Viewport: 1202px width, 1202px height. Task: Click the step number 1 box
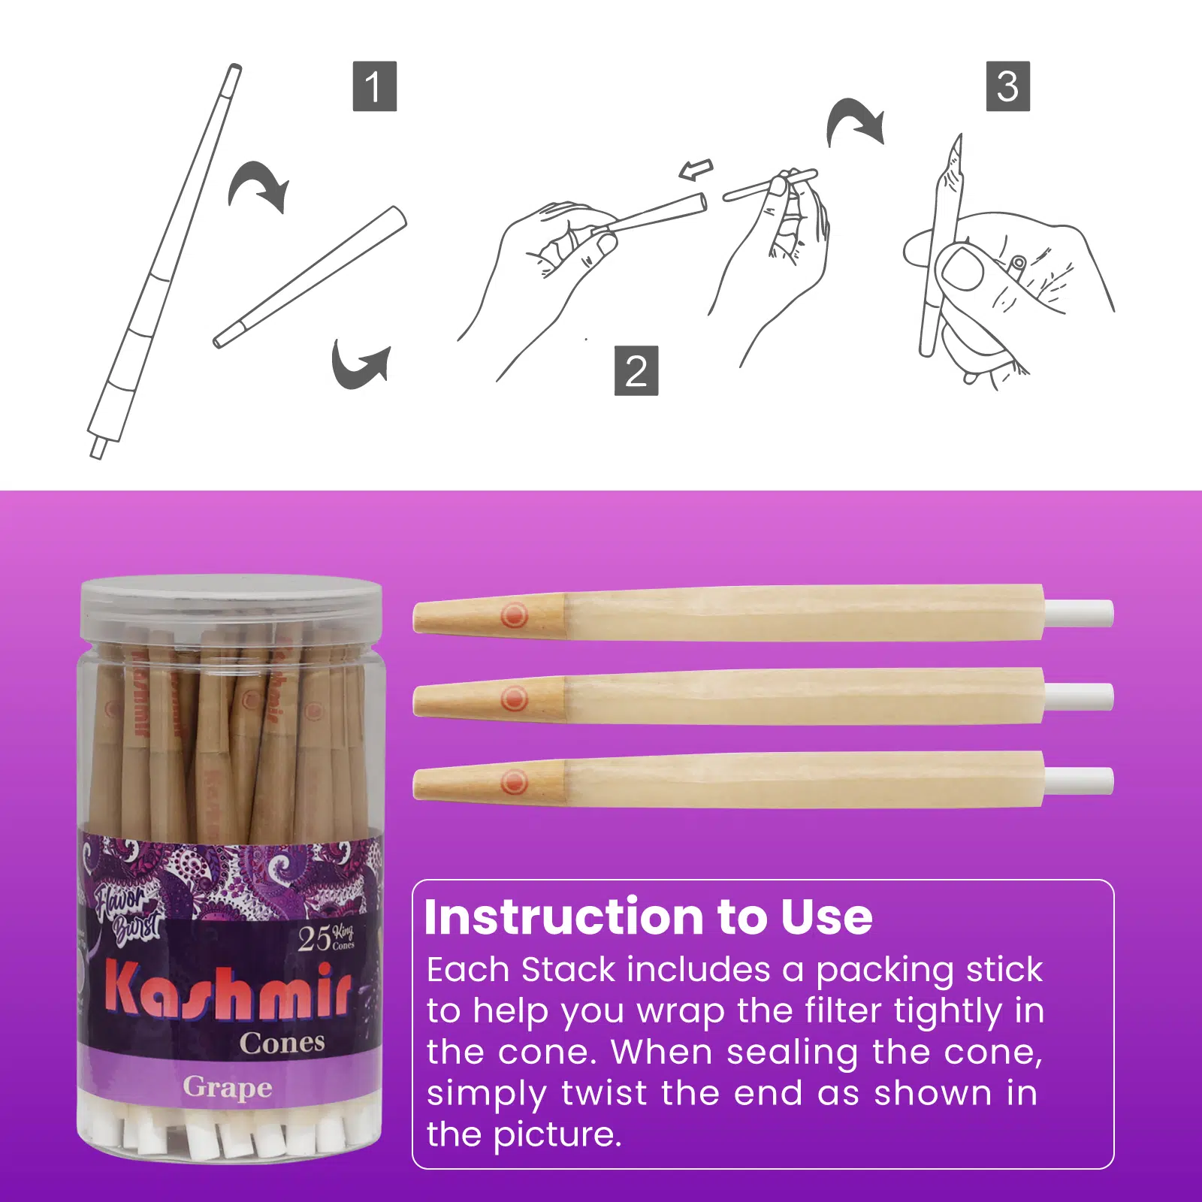374,86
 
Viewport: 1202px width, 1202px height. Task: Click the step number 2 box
636,370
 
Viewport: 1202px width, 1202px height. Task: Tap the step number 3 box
1007,86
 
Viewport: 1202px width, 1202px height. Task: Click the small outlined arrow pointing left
696,170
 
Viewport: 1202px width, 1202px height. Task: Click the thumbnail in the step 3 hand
962,269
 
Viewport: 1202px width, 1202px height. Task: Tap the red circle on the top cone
515,615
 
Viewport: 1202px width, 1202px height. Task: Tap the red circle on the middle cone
515,699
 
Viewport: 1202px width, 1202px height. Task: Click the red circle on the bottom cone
515,782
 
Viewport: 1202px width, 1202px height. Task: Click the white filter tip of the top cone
1079,613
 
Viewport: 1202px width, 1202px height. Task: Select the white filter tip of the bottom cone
1079,781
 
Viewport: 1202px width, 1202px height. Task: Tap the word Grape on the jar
227,1087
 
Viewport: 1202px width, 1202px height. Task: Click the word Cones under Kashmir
282,1043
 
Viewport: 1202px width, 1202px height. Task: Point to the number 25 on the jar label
313,939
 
